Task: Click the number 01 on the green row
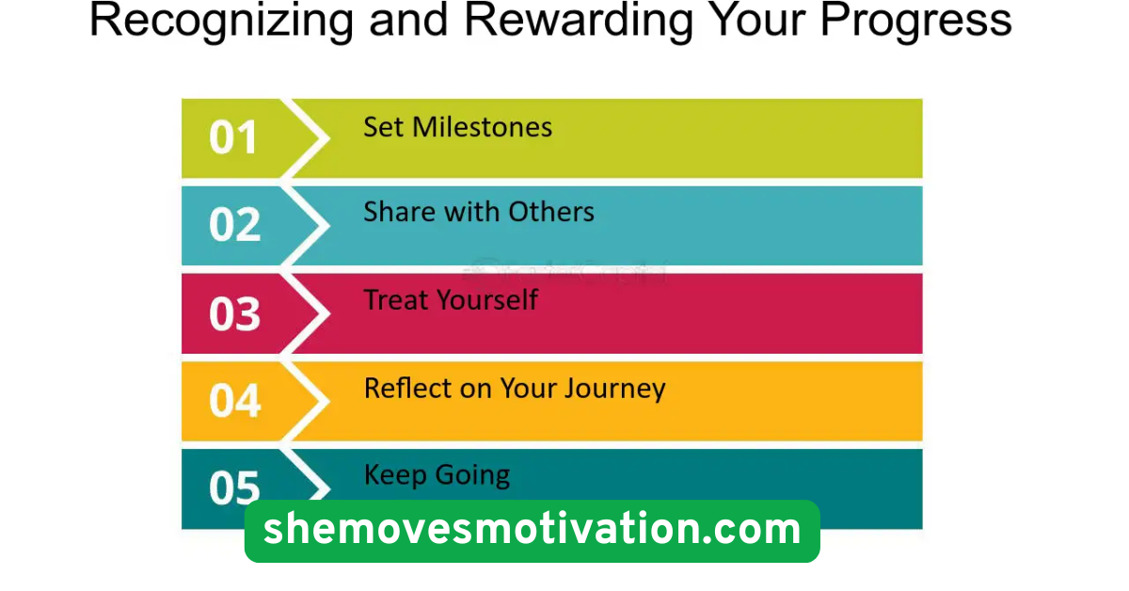pyautogui.click(x=233, y=138)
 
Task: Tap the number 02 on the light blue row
pyautogui.click(x=234, y=226)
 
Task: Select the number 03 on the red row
pyautogui.click(x=234, y=313)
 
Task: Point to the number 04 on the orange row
pyautogui.click(x=234, y=401)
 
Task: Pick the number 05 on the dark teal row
pyautogui.click(x=234, y=488)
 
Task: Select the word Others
pyautogui.click(x=551, y=212)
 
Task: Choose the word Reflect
pyautogui.click(x=405, y=388)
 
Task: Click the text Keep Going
pyautogui.click(x=437, y=475)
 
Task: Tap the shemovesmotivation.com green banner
pyautogui.click(x=532, y=531)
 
